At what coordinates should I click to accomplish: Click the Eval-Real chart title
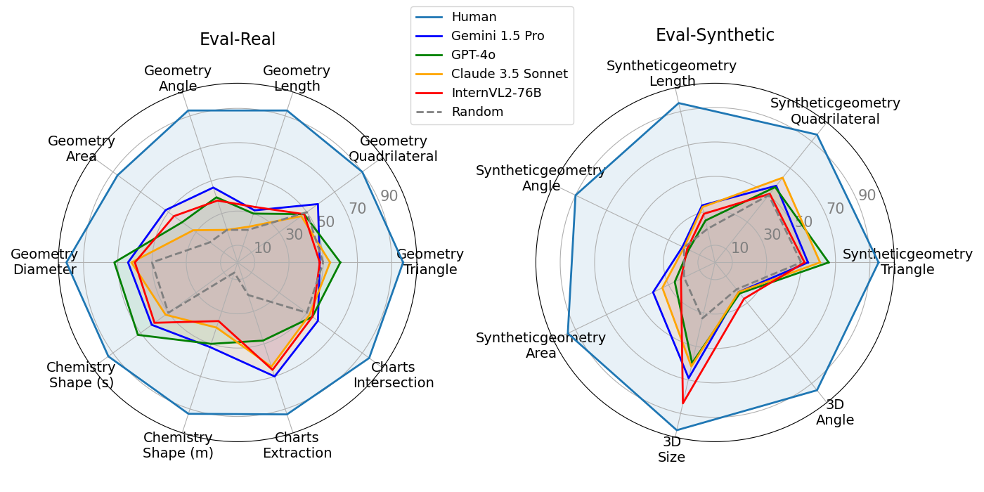[x=238, y=39]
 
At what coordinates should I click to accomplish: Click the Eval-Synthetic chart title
[x=715, y=35]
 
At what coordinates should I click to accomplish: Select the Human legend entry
[x=474, y=17]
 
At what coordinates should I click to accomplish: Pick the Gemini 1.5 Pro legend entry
[x=498, y=36]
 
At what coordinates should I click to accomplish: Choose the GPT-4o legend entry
[x=473, y=55]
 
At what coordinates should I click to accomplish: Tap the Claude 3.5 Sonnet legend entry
[x=510, y=74]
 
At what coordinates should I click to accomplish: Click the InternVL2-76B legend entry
[x=496, y=93]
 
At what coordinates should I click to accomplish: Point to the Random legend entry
[x=477, y=112]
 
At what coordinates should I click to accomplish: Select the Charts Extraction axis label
[x=297, y=446]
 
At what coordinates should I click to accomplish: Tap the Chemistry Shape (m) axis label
[x=178, y=446]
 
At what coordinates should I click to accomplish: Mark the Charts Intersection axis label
[x=394, y=375]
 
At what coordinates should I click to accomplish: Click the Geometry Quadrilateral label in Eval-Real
[x=393, y=149]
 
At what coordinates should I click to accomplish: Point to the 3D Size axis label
[x=672, y=450]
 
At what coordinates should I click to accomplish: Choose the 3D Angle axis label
[x=835, y=413]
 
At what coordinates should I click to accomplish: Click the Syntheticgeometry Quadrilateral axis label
[x=835, y=111]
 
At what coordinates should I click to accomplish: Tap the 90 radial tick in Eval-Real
[x=389, y=196]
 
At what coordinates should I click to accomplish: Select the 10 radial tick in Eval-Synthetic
[x=739, y=247]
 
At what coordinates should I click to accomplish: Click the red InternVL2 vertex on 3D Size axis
[x=682, y=403]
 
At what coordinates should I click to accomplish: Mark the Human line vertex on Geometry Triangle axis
[x=403, y=263]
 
